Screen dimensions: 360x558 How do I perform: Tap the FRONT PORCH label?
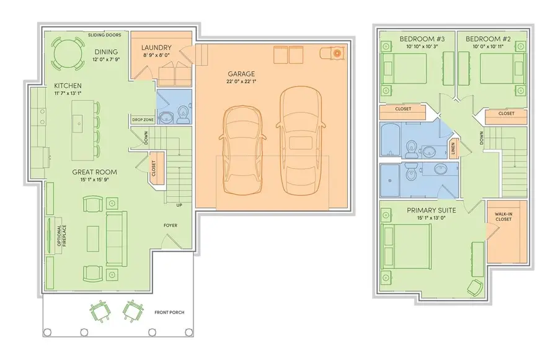pyautogui.click(x=169, y=312)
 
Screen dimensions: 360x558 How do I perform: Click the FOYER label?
pyautogui.click(x=170, y=225)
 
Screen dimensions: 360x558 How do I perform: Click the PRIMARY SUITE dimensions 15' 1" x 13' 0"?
pyautogui.click(x=431, y=219)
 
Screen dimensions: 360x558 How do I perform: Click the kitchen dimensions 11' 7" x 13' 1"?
pyautogui.click(x=68, y=93)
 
